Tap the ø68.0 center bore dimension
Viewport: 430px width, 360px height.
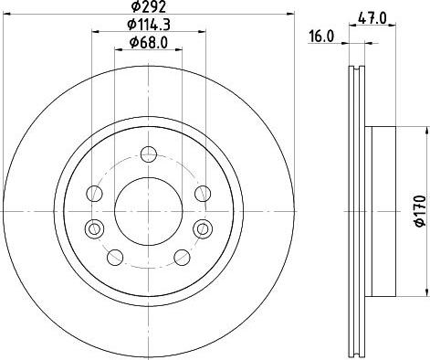(x=148, y=44)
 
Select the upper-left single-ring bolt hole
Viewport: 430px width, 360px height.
(x=94, y=193)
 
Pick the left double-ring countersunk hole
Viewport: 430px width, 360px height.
(x=91, y=228)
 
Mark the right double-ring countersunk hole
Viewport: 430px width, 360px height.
(x=202, y=228)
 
